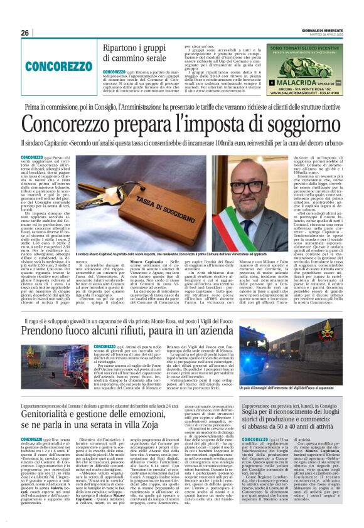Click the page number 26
(x=25, y=33)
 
